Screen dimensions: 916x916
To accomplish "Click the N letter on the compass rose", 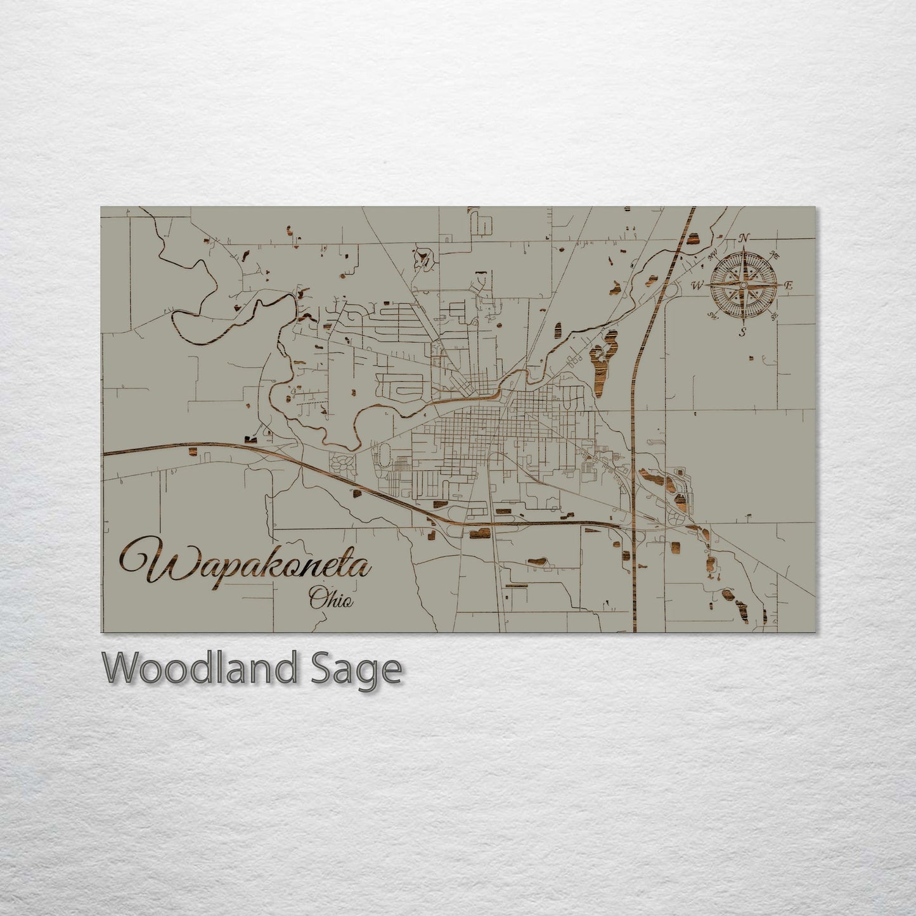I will [x=744, y=238].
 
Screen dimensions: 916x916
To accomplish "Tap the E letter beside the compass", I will [x=789, y=286].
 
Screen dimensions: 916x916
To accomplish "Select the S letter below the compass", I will [x=743, y=332].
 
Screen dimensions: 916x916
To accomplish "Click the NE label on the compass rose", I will [x=775, y=255].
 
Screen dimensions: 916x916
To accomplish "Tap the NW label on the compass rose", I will [x=713, y=254].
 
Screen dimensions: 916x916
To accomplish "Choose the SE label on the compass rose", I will [x=773, y=315].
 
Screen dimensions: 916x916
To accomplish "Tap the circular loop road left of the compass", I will [x=669, y=290].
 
